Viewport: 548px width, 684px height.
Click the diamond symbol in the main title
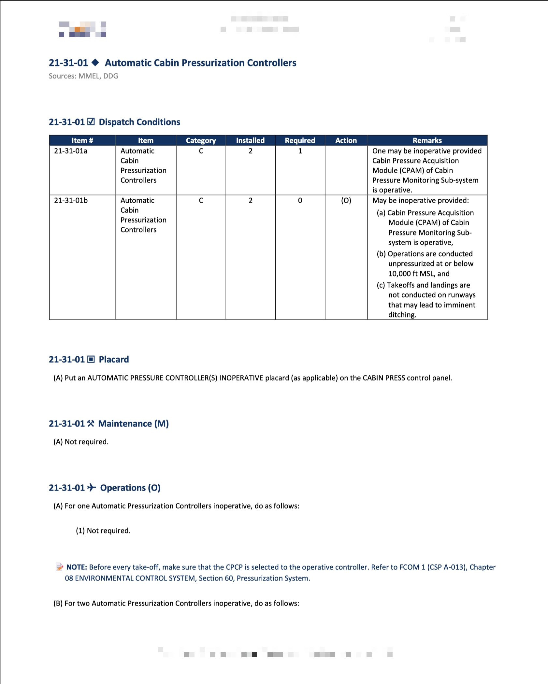tap(95, 62)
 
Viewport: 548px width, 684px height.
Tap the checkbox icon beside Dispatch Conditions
tap(91, 122)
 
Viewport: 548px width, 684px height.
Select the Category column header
tap(201, 140)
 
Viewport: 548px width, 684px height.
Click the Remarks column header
tap(427, 140)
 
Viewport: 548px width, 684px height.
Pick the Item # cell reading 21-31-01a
tap(71, 151)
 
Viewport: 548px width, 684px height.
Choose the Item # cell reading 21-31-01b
tap(71, 200)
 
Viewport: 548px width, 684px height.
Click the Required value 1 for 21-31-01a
tap(300, 151)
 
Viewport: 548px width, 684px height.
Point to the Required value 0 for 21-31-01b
tap(300, 200)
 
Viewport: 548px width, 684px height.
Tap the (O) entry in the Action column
tap(346, 200)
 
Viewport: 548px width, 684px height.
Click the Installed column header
tap(250, 140)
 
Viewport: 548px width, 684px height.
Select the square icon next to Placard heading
tap(91, 359)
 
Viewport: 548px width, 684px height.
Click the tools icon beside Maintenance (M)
tap(91, 423)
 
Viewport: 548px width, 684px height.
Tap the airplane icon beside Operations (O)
tap(92, 487)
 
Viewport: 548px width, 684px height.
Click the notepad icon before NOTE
tap(59, 567)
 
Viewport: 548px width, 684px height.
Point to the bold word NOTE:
tap(77, 567)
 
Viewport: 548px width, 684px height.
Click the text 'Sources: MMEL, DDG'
tap(83, 76)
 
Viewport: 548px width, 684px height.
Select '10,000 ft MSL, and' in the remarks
tap(419, 274)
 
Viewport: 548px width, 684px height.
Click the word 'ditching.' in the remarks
tap(402, 315)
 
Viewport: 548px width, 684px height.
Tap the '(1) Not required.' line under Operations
tap(103, 531)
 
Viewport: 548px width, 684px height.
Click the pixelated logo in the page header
tap(82, 29)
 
